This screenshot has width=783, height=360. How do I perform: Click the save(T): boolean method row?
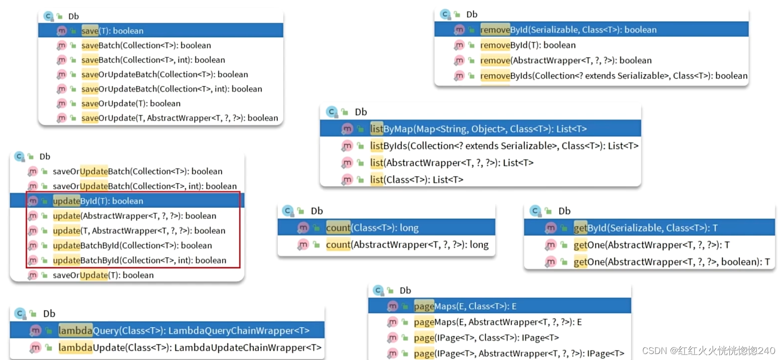pyautogui.click(x=112, y=31)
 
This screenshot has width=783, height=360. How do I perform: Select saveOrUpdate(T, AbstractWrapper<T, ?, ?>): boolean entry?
pyautogui.click(x=179, y=118)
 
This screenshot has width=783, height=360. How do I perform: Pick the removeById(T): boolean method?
pyautogui.click(x=528, y=45)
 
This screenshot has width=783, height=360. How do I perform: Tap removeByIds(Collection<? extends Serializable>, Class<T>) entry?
pyautogui.click(x=613, y=76)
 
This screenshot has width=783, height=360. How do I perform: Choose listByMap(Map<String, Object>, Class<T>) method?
pyautogui.click(x=478, y=129)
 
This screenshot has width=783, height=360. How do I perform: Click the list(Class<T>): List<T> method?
pyautogui.click(x=416, y=180)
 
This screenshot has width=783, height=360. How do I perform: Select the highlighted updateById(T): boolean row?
pyautogui.click(x=98, y=201)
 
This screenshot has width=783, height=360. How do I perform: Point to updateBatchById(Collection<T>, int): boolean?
pyautogui.click(x=139, y=260)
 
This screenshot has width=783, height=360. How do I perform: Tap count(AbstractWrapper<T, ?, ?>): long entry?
pyautogui.click(x=407, y=245)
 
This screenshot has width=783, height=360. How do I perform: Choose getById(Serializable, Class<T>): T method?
pyautogui.click(x=645, y=228)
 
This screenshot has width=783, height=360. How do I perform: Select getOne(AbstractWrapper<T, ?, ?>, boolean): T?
pyautogui.click(x=671, y=262)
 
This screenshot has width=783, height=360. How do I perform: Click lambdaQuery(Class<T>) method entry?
pyautogui.click(x=184, y=331)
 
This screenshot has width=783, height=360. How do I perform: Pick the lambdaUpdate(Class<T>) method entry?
pyautogui.click(x=190, y=348)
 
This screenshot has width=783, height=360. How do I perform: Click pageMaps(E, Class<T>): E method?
pyautogui.click(x=465, y=306)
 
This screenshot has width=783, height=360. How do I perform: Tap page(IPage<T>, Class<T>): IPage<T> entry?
pyautogui.click(x=486, y=338)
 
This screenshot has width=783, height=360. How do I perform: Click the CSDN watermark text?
pyautogui.click(x=708, y=351)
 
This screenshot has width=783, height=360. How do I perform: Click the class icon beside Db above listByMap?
pyautogui.click(x=332, y=112)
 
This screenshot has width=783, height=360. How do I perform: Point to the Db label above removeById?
pyautogui.click(x=472, y=14)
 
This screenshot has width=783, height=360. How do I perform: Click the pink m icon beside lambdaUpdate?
pyautogui.click(x=35, y=348)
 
